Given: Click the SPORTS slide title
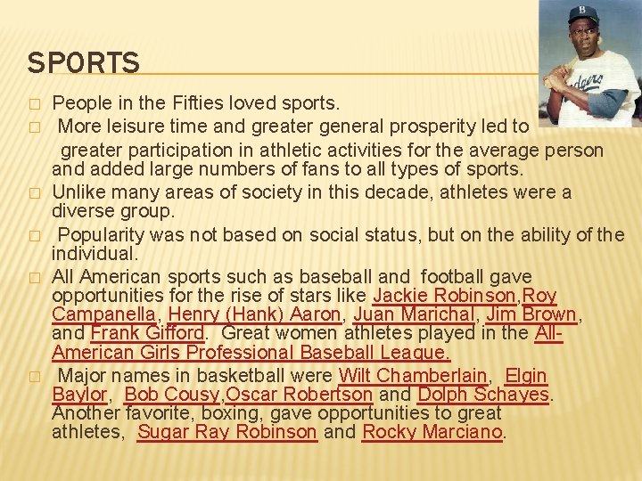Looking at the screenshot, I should pos(83,63).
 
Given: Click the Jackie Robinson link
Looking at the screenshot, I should pos(444,296).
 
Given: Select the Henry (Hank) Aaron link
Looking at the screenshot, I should pos(254,314).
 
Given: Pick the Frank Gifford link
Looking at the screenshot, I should pos(148,333).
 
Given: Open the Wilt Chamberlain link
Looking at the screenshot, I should pos(413,376).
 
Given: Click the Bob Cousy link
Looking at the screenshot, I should pos(172,395).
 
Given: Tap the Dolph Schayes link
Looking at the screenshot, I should pos(483,395).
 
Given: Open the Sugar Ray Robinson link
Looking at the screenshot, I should pos(227,432).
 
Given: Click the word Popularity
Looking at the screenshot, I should pos(102,235).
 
